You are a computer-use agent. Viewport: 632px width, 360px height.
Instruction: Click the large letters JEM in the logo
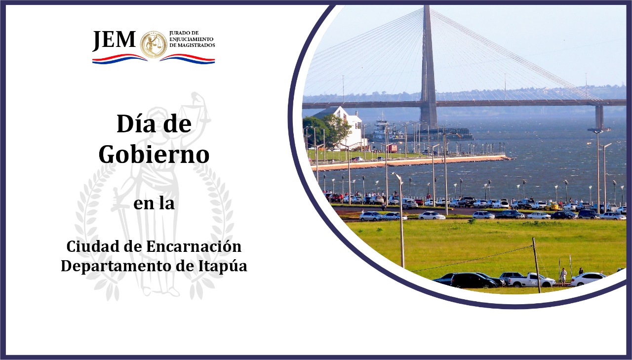pyautogui.click(x=114, y=40)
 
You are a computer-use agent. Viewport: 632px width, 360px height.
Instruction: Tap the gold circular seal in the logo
pyautogui.click(x=154, y=44)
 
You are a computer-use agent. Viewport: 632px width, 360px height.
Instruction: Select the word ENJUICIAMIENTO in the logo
pyautogui.click(x=191, y=39)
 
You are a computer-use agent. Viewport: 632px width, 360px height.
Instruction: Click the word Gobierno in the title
pyautogui.click(x=154, y=154)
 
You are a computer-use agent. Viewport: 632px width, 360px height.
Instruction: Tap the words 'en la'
pyautogui.click(x=154, y=203)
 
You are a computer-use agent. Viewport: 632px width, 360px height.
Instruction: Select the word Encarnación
pyautogui.click(x=194, y=246)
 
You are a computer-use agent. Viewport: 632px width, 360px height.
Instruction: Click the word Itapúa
pyautogui.click(x=223, y=266)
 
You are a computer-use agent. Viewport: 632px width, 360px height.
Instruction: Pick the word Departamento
pyautogui.click(x=116, y=266)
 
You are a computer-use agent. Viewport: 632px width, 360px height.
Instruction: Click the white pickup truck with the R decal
pyautogui.click(x=532, y=280)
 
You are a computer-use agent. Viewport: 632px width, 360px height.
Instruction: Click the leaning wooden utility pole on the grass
pyautogui.click(x=536, y=265)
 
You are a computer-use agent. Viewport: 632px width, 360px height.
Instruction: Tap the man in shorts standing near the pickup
pyautogui.click(x=563, y=277)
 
